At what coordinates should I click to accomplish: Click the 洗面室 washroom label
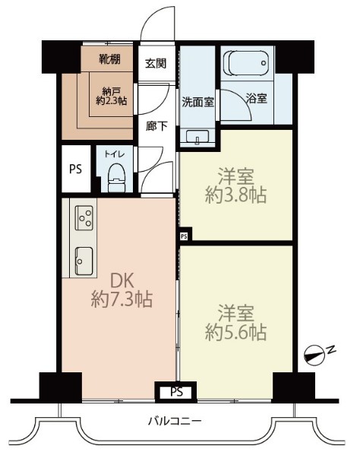tap(197, 100)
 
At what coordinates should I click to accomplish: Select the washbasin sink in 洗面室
tap(197, 138)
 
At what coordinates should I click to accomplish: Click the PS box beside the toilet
tap(75, 169)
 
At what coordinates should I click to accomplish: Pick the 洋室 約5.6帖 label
tap(235, 322)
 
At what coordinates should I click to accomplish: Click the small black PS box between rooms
tap(183, 236)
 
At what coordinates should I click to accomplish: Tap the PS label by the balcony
tap(176, 392)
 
